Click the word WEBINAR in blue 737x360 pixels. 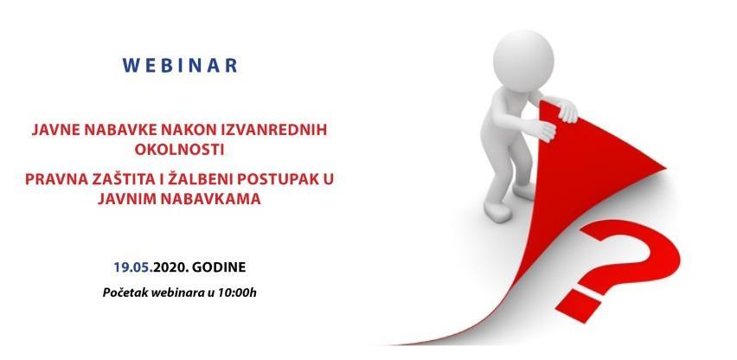pyautogui.click(x=182, y=66)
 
